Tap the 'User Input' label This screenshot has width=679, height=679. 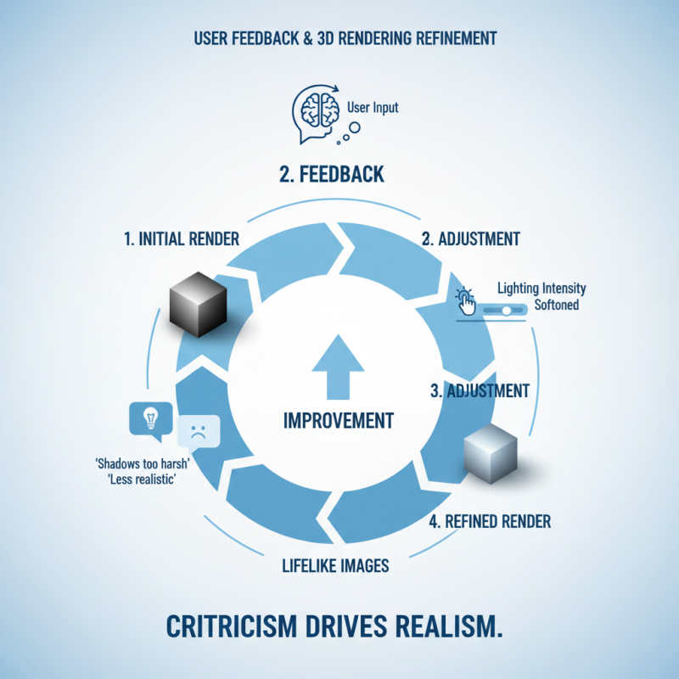(x=373, y=108)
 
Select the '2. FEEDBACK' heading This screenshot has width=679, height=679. (x=332, y=175)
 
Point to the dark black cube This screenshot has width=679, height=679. (x=197, y=301)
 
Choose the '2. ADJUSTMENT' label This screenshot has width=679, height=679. (x=470, y=238)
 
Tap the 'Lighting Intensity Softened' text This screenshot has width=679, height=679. (x=541, y=296)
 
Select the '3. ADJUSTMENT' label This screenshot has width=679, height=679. (x=480, y=391)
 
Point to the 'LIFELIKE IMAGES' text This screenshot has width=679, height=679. (x=334, y=565)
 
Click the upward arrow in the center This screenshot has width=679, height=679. (x=338, y=368)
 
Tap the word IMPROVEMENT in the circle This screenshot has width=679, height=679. (x=338, y=420)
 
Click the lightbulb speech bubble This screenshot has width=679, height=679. (x=150, y=418)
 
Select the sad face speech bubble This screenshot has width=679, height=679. (x=199, y=430)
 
